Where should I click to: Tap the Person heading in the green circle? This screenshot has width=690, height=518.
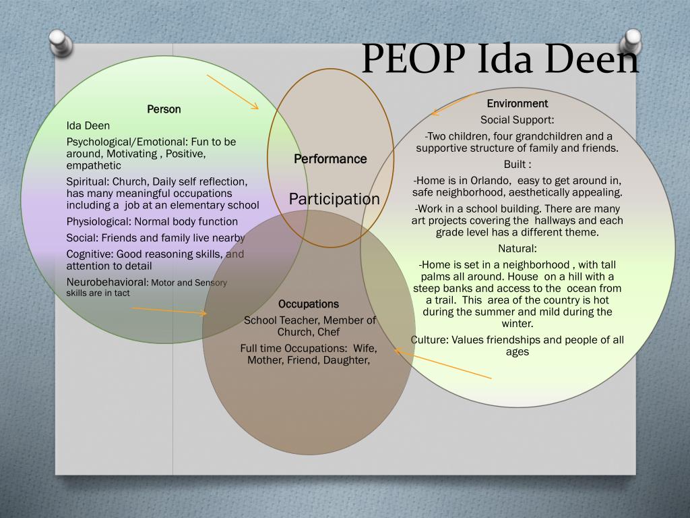pos(164,109)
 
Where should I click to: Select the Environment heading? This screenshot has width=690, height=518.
pos(517,103)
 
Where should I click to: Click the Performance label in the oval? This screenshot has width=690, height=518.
pos(330,159)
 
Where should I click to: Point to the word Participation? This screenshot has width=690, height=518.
pos(334,199)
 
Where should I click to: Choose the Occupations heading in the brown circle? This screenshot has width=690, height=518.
pos(309,304)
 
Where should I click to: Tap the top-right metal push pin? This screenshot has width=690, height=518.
pos(632,41)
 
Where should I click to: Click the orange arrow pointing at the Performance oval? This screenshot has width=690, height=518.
pos(232,92)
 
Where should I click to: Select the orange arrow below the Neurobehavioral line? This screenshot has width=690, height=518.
pos(169,311)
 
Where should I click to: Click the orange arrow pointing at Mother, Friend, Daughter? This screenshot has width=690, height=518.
pos(443,364)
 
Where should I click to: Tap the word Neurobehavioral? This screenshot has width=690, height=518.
pos(106,282)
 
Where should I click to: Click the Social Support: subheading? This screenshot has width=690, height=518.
pos(517,120)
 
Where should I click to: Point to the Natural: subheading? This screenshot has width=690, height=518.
pos(517,248)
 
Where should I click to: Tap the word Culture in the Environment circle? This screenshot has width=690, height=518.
pos(429,340)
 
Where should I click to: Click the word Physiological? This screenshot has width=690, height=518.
pos(98,221)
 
